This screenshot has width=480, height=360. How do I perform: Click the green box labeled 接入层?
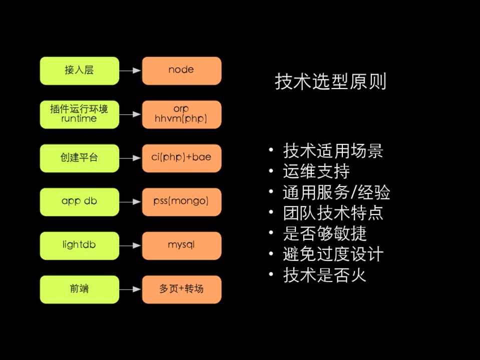point(80,70)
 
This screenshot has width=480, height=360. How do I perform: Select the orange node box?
point(182,70)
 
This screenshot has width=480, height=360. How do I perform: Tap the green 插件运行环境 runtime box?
point(80,114)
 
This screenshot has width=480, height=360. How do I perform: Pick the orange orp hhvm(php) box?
point(182,114)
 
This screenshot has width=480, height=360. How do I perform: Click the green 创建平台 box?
point(80,158)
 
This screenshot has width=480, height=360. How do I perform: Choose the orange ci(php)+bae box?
point(182,158)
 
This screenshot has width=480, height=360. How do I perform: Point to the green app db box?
point(80,201)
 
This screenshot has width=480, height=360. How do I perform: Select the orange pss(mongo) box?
point(182,201)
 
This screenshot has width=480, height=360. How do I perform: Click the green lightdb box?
point(80,245)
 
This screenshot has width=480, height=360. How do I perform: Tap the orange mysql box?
point(182,245)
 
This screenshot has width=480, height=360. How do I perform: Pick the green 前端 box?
point(80,289)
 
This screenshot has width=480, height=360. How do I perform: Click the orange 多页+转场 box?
point(182,289)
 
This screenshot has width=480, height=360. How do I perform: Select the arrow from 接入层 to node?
point(131,70)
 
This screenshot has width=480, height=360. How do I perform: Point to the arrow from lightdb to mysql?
point(131,245)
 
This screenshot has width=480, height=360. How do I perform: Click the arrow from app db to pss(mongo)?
point(131,201)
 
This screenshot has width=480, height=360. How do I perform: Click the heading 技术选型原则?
point(330,81)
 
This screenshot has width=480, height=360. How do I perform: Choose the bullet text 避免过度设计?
point(333,254)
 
